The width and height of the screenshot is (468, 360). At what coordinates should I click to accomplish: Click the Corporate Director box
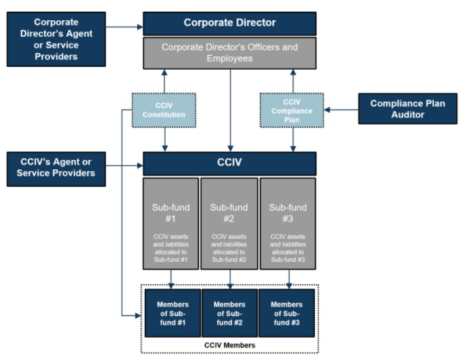229,23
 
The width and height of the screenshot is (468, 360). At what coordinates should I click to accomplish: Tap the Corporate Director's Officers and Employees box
229,54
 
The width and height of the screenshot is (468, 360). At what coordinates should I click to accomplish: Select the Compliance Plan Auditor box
408,109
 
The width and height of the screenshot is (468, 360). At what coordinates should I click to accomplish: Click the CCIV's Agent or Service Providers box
55,167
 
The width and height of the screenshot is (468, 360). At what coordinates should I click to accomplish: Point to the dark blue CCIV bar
229,164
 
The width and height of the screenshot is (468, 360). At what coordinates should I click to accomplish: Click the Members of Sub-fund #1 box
171,313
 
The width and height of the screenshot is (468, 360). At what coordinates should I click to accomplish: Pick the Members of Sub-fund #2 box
229,313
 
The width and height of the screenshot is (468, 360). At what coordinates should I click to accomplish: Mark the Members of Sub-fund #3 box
287,313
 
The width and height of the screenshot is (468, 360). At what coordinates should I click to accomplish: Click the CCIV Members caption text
229,345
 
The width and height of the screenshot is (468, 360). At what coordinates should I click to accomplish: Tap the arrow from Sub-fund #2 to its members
229,279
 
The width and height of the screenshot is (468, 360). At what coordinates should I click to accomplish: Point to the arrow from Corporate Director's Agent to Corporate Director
124,28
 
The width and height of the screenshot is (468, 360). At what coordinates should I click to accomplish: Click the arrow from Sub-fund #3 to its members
289,279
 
